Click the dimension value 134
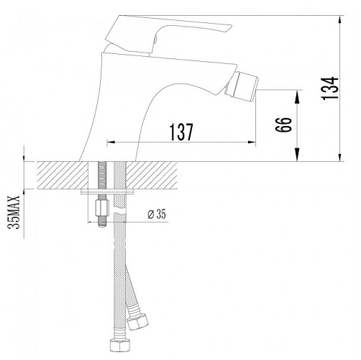coord(329,89)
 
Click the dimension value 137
coord(181,132)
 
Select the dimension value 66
coord(283,125)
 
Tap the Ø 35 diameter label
coord(157,215)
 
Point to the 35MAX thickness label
coord(14,212)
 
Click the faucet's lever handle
coord(168,35)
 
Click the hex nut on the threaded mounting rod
coord(102,208)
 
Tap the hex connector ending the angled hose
coord(137,321)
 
